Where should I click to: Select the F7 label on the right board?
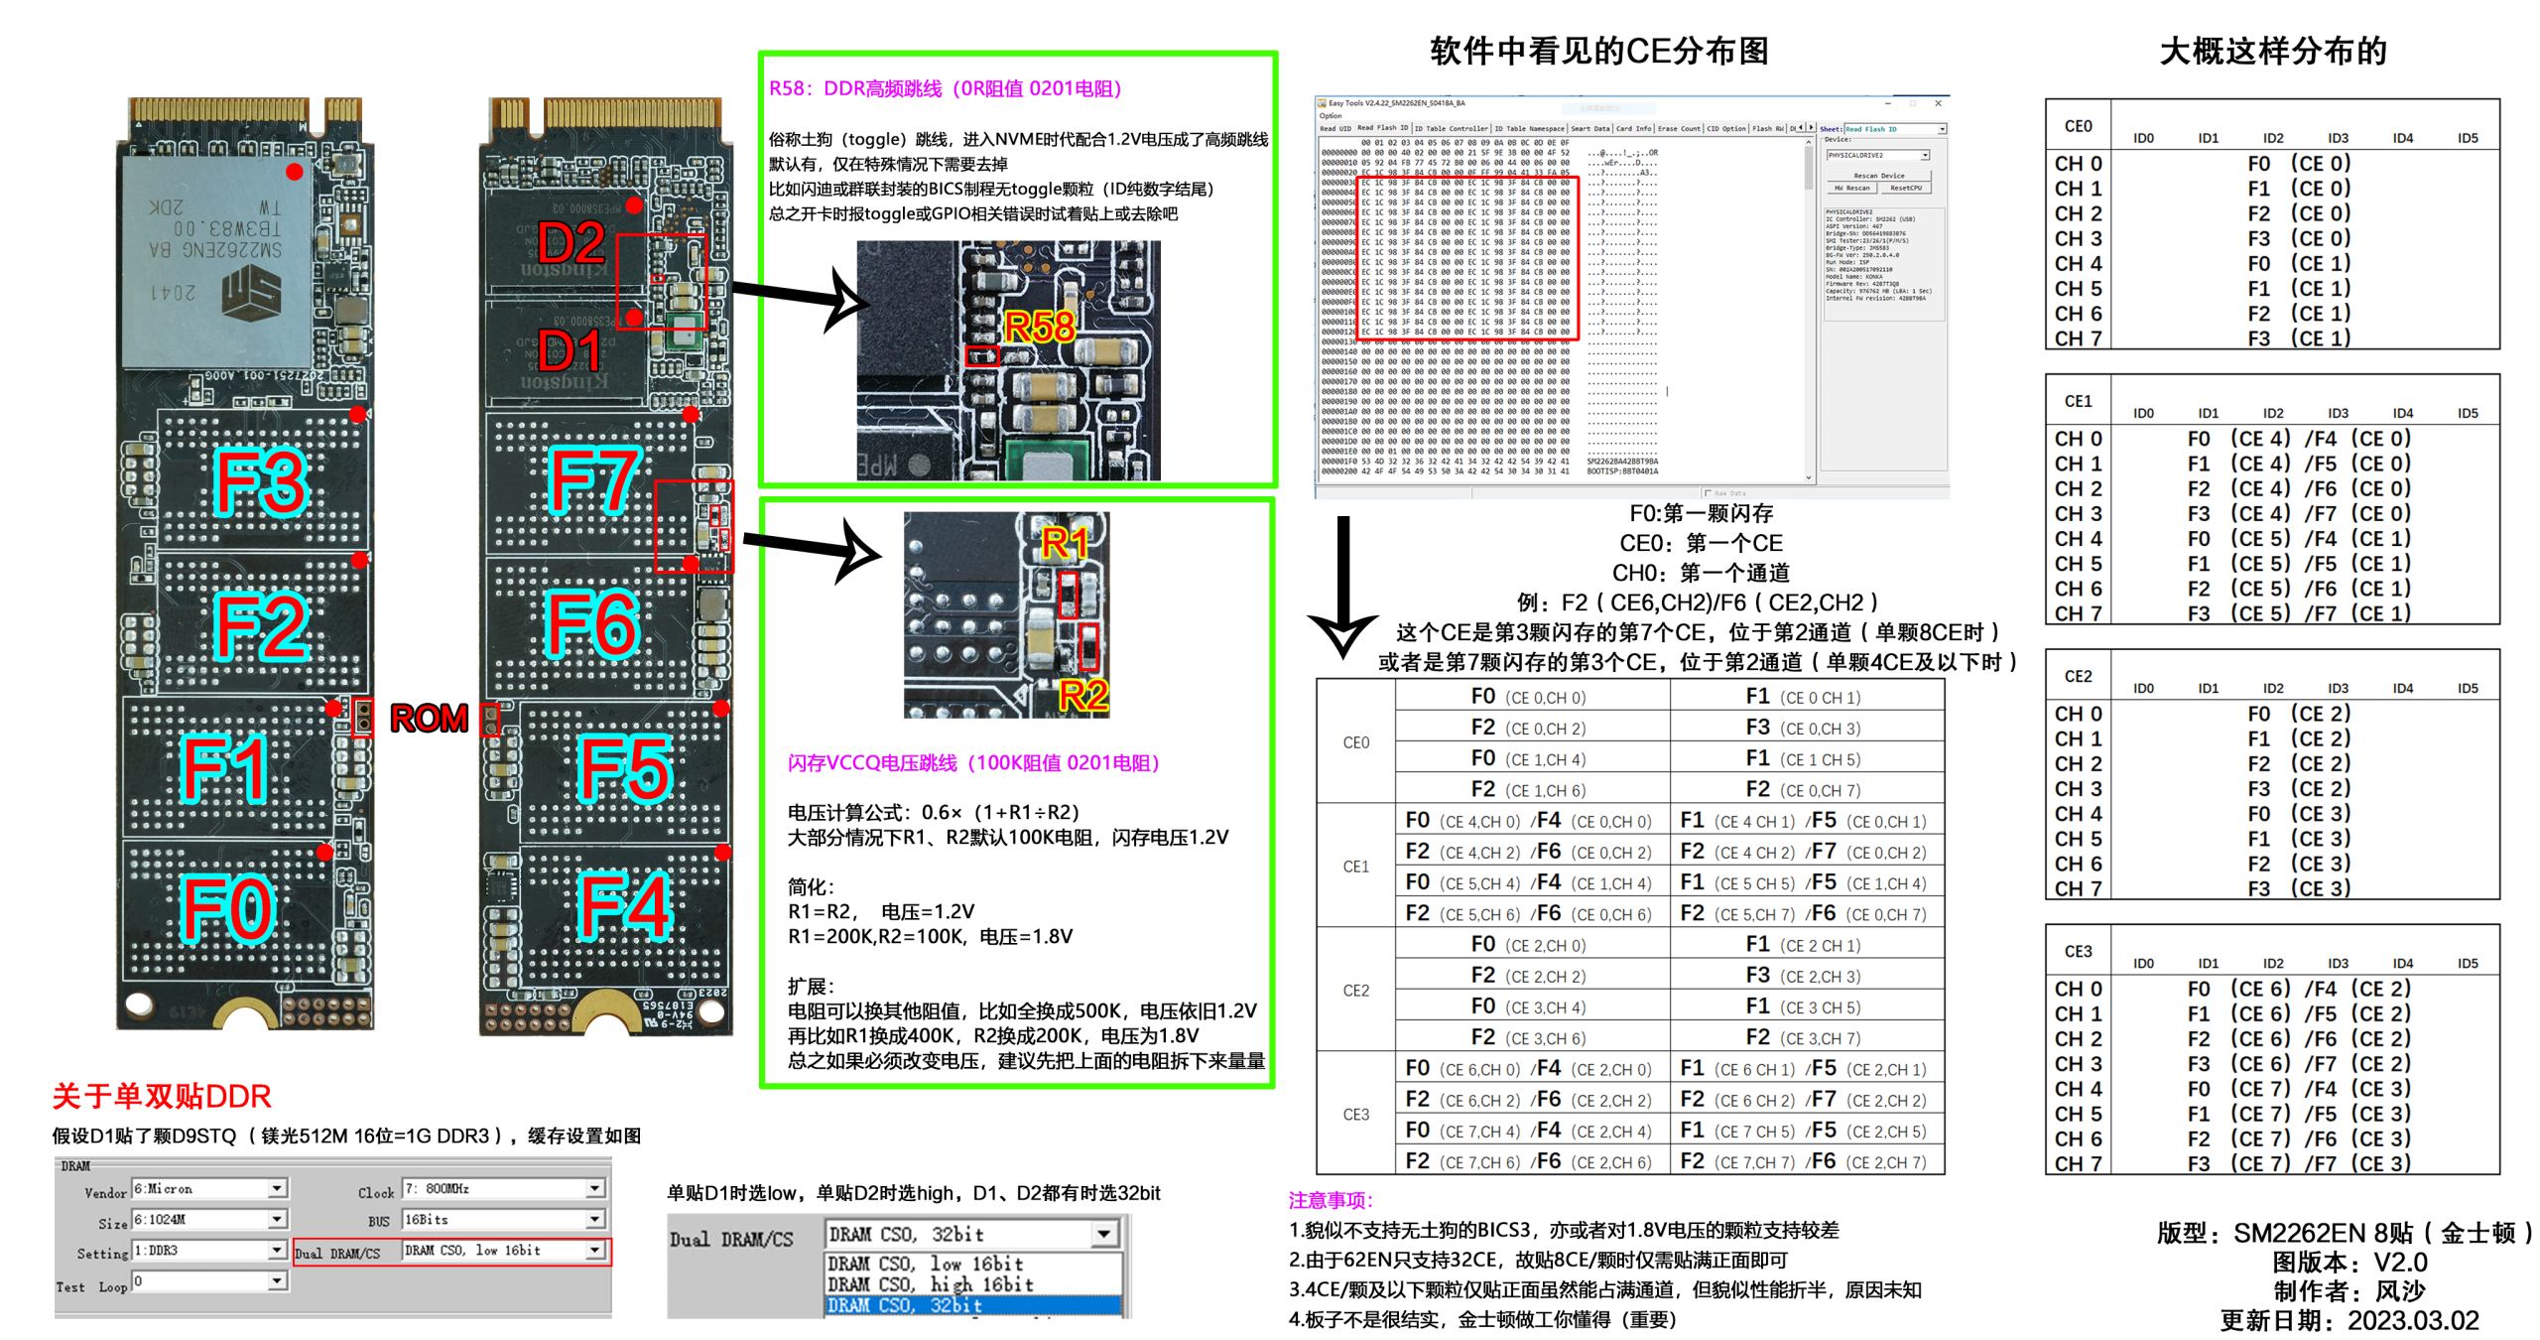pos(594,480)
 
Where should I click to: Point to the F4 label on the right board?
pos(624,905)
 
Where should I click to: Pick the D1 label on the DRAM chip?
pos(571,350)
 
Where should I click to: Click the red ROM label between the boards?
pos(428,718)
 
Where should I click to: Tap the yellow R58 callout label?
pos(1038,327)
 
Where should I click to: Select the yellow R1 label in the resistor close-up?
pos(1065,543)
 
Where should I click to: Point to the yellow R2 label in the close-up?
pos(1082,695)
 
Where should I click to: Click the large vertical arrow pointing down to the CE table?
pos(1342,586)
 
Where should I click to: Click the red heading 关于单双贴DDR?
pos(162,1096)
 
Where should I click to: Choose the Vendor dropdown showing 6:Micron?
pos(209,1188)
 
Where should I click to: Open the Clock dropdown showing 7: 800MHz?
pos(502,1188)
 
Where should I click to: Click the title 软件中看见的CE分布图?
pos(1598,51)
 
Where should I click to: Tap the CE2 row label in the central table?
pos(1355,991)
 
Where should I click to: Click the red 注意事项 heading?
pos(1331,1201)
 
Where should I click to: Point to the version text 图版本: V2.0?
pos(2349,1263)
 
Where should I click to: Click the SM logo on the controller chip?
pos(251,295)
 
